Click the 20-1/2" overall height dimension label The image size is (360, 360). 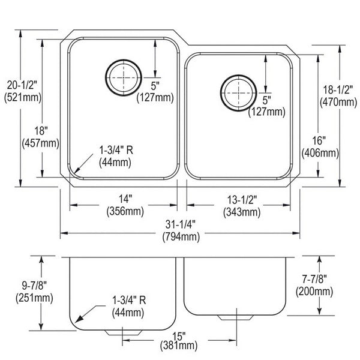click(x=23, y=91)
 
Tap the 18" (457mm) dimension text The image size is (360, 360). click(x=41, y=137)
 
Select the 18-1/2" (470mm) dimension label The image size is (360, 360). click(x=338, y=96)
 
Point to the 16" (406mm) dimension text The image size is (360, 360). click(x=320, y=147)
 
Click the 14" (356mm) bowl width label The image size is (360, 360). click(x=125, y=205)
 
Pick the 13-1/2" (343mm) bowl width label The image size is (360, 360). click(x=242, y=206)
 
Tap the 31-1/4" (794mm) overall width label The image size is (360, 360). click(x=181, y=230)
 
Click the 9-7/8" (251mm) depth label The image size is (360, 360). click(x=34, y=292)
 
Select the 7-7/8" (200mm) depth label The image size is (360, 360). click(x=314, y=285)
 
